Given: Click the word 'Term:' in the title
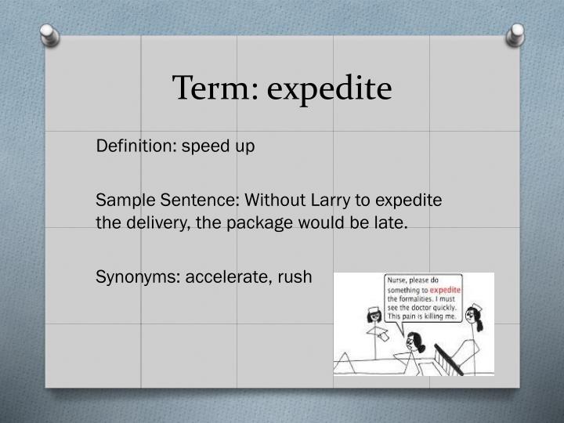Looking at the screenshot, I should click(215, 89).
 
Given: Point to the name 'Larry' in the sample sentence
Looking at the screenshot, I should click(295, 200).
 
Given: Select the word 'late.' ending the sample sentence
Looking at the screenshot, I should click(392, 222).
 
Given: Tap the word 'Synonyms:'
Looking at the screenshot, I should click(136, 277).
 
